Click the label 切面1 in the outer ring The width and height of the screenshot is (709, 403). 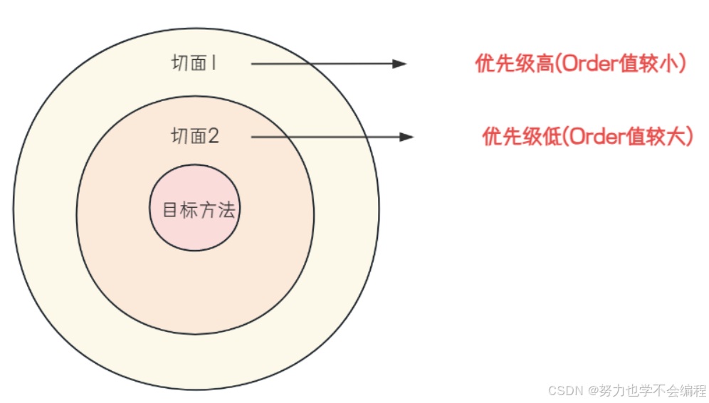pos(194,63)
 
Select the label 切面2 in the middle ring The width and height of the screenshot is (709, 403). pos(194,136)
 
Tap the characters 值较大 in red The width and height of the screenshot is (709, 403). pos(657,136)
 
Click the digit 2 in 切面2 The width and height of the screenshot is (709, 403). pos(212,136)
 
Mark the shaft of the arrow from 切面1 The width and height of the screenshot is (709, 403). pos(320,63)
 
